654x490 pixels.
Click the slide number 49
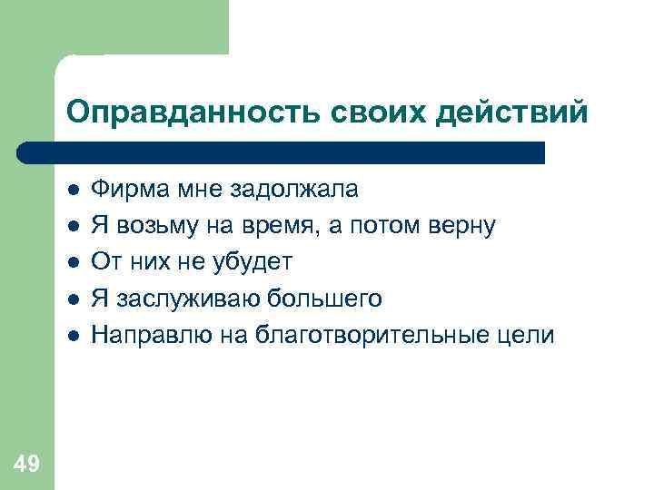click(x=26, y=465)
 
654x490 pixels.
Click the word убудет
click(x=254, y=262)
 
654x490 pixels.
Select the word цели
click(x=529, y=335)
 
